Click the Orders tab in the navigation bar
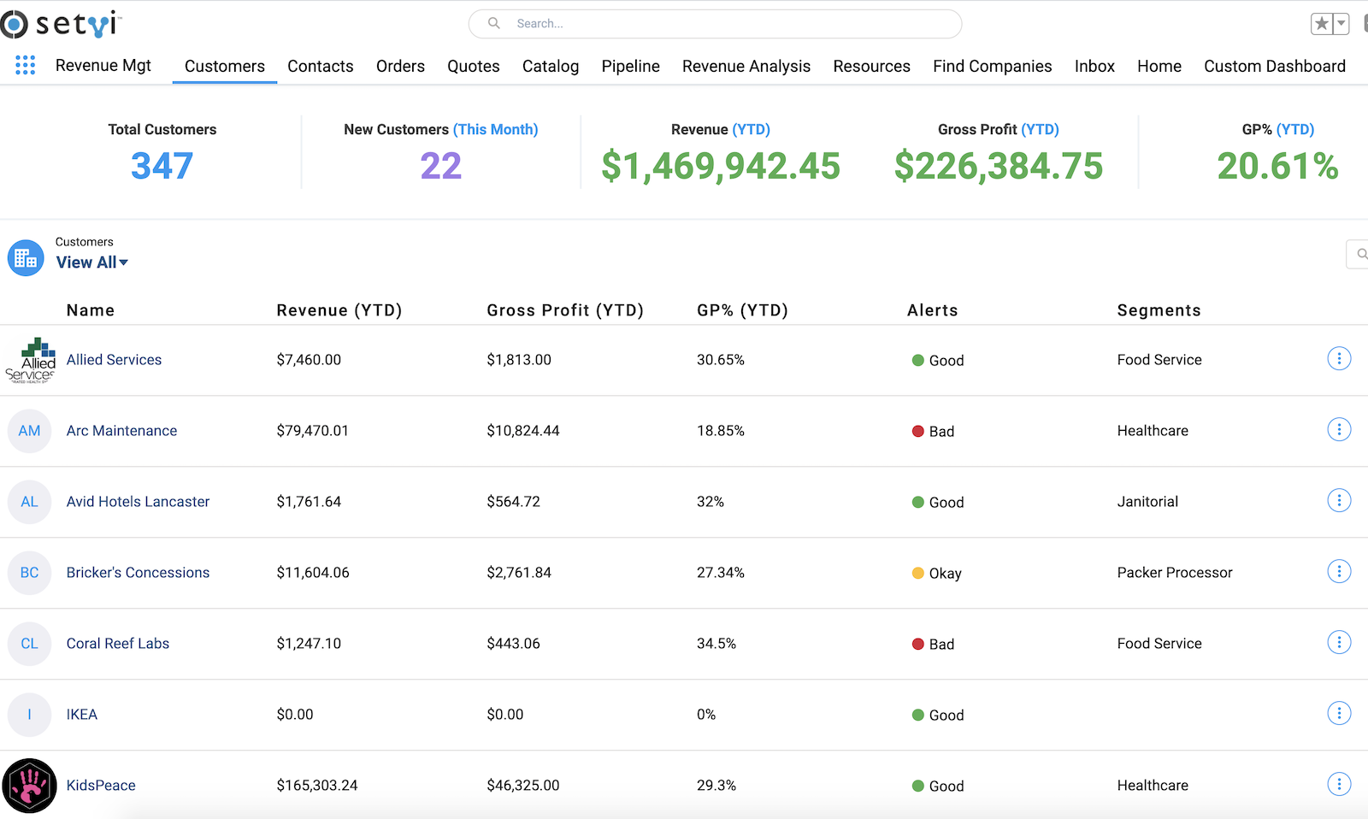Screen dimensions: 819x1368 pos(400,66)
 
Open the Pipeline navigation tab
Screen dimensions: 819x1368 pos(630,66)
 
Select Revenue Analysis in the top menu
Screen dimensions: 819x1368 pos(746,66)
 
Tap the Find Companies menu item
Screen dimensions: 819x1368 pos(992,66)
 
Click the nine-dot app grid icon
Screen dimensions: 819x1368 pos(26,65)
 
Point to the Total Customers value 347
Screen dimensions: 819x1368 pos(162,166)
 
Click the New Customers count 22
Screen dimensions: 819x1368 pos(440,166)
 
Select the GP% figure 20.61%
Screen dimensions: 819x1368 pos(1277,166)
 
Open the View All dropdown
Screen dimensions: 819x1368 pos(92,262)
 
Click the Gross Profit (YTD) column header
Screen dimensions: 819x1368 pos(564,310)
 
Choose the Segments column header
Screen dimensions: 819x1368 pos(1159,310)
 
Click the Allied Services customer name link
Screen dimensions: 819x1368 pos(114,360)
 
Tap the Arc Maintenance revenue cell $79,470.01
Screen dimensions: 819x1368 pos(312,431)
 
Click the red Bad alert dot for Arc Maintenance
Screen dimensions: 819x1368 pos(918,432)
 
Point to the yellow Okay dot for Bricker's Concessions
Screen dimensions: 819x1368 pos(918,574)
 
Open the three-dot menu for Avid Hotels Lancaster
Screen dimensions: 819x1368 pos(1339,501)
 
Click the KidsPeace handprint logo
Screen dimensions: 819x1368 pos(30,786)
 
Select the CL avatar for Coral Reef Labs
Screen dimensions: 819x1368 pos(30,644)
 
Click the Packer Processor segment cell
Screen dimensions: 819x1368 pos(1174,573)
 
